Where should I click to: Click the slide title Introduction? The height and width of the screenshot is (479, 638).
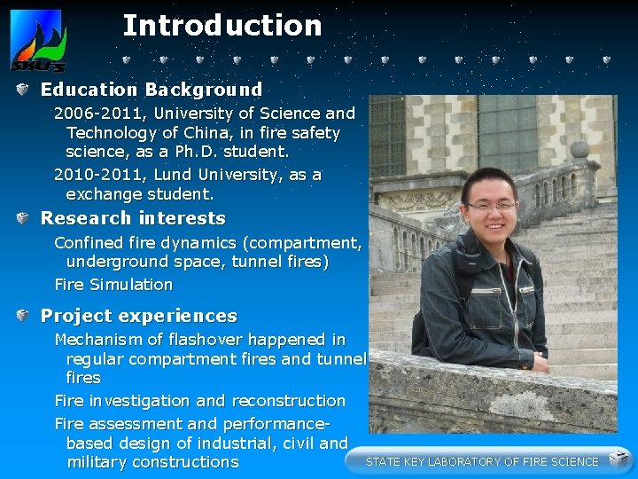coord(222,25)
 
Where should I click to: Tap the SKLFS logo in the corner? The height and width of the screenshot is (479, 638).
coord(37,41)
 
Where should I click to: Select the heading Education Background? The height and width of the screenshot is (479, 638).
coord(151,90)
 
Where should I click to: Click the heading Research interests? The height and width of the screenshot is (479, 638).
coord(133,218)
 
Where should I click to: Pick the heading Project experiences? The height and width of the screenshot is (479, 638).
coord(138,316)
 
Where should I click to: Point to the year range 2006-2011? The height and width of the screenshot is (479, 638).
coord(90,114)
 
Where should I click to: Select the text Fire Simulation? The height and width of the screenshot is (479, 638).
coord(113,285)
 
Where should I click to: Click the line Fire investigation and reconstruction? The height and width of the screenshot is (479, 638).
coord(199,401)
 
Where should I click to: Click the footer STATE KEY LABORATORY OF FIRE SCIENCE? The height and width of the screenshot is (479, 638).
coord(482,461)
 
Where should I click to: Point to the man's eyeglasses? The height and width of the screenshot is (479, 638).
coord(492,206)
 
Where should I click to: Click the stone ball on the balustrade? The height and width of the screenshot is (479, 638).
coord(580,149)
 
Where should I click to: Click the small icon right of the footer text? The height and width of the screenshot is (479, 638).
coord(619,459)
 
